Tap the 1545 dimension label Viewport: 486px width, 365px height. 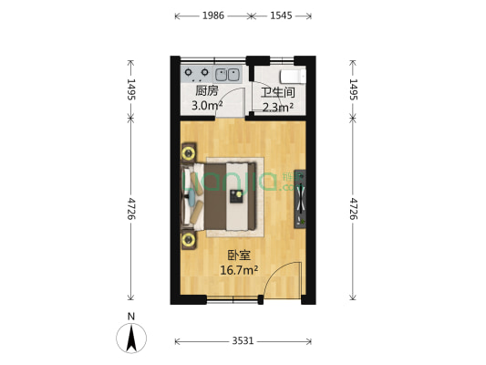(283, 16)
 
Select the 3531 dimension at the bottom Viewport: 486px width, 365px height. (243, 340)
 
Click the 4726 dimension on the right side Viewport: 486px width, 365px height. (354, 209)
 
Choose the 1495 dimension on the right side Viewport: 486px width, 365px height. (354, 89)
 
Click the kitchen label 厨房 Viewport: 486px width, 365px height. (206, 91)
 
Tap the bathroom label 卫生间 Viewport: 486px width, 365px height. (277, 92)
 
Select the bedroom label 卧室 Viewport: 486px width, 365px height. (239, 255)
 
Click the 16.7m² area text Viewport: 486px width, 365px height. (239, 270)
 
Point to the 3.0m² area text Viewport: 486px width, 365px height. (206, 106)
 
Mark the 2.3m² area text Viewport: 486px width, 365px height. (277, 107)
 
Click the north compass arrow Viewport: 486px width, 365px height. (132, 339)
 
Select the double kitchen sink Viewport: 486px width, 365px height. (228, 73)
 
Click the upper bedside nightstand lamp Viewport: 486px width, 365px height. (189, 151)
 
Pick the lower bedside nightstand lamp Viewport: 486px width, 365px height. (189, 240)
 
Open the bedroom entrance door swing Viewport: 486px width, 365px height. (283, 281)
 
